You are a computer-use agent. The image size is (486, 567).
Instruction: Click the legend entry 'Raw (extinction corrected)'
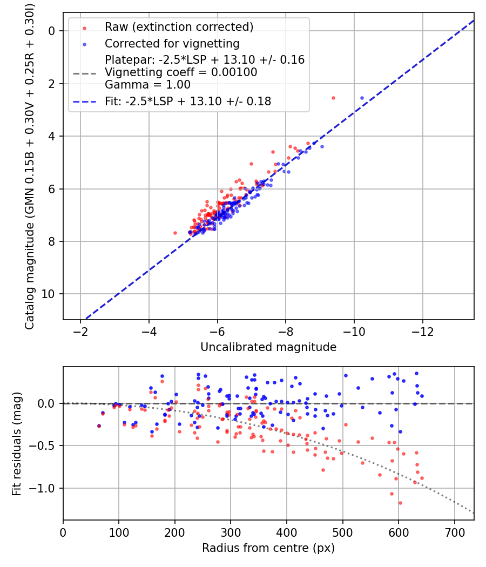coord(179,27)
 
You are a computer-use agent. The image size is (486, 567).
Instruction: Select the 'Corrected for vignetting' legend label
coord(172,43)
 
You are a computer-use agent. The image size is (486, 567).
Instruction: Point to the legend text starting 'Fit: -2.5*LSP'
coord(188,102)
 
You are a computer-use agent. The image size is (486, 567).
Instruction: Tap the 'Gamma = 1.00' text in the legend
coord(147,85)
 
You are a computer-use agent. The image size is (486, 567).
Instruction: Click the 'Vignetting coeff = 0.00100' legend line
coord(181,72)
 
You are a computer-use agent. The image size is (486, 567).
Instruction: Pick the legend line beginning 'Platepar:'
coord(205,59)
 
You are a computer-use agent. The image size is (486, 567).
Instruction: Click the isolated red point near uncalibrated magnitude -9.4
coord(333,98)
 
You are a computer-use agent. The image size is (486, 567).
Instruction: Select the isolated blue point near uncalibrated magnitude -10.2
coord(362,98)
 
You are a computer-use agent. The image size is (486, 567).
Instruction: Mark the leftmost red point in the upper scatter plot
coord(175,233)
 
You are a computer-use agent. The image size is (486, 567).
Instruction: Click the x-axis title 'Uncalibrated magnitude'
coord(268,347)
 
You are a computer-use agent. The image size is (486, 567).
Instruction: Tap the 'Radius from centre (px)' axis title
coord(268,548)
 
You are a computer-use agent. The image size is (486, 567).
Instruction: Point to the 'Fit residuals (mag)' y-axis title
coord(17,444)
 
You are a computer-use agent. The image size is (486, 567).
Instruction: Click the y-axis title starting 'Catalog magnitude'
coord(30,167)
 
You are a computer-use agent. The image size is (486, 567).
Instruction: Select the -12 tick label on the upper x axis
coord(422,332)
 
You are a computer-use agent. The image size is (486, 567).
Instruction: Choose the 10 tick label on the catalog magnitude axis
coord(48,294)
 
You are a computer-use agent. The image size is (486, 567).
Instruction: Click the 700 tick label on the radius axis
coord(454,532)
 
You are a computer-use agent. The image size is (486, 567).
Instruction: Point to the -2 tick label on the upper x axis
coord(80,332)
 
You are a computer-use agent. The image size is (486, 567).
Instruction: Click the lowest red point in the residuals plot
coord(400,503)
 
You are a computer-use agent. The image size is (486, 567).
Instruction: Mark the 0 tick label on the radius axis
coord(63,532)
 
